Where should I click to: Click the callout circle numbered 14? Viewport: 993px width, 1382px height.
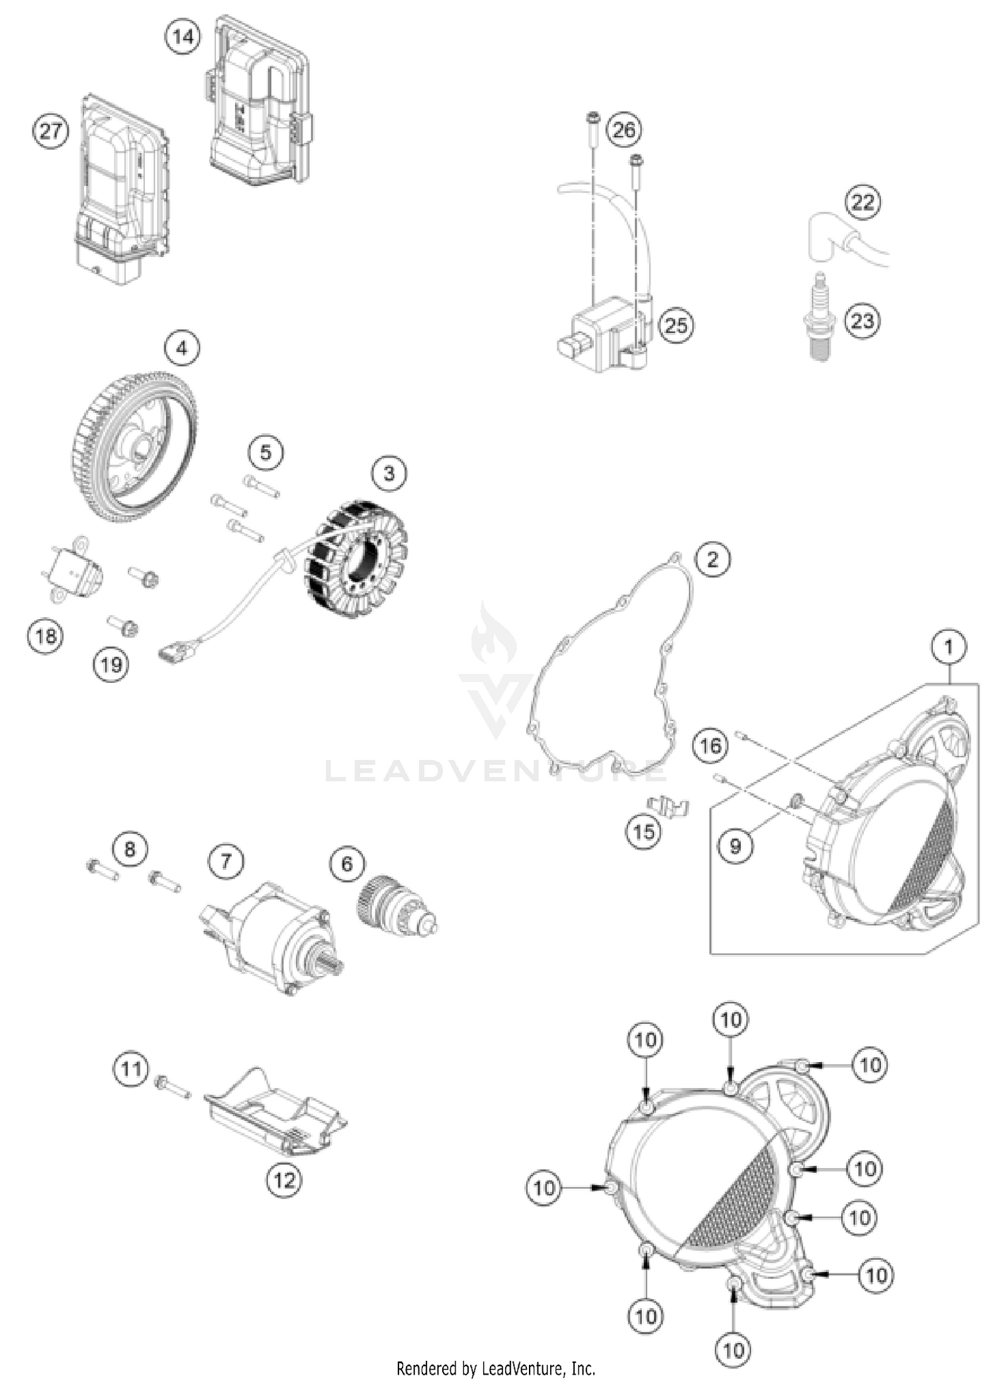183,36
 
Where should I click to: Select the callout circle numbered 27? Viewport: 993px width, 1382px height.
51,131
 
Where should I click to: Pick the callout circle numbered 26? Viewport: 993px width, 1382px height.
624,130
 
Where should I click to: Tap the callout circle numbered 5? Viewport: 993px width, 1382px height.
265,453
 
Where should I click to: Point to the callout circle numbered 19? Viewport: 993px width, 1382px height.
111,664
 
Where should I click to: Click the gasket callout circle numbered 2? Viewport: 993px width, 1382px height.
712,560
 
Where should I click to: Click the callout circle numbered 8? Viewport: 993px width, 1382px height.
130,848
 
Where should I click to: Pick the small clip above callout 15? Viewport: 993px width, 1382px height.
669,806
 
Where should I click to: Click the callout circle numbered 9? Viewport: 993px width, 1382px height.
735,846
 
